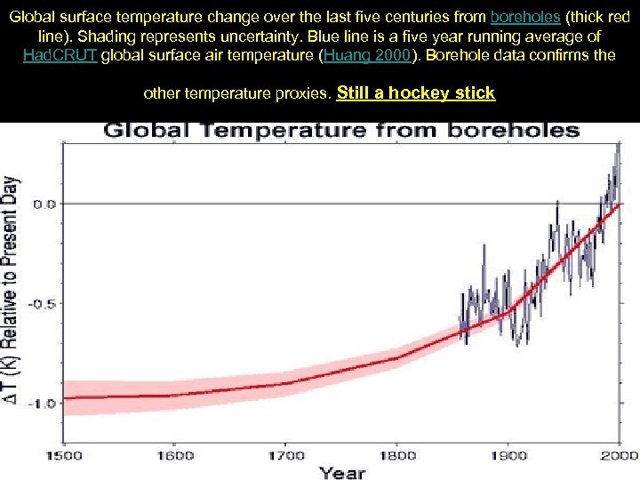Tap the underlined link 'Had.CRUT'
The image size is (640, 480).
point(61,55)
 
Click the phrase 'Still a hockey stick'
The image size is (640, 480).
point(417,92)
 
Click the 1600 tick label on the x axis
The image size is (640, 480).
point(175,456)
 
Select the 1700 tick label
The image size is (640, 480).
point(287,456)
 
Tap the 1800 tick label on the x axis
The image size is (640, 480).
point(398,456)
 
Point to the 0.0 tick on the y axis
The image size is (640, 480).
point(44,204)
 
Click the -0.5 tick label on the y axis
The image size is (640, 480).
point(42,303)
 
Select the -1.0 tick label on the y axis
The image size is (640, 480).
point(42,403)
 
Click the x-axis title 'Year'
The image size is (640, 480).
point(342,472)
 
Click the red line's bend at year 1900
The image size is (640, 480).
point(508,311)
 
